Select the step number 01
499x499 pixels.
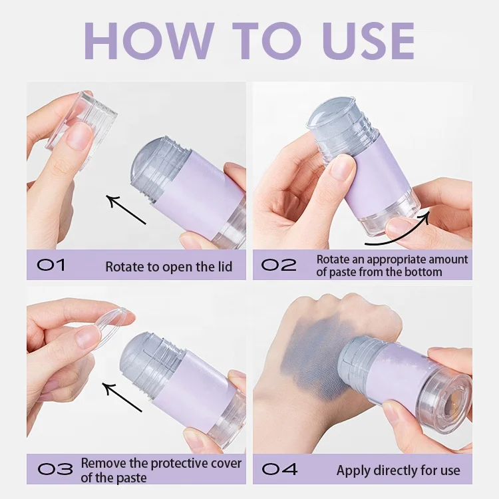[51, 265]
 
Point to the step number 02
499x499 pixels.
[279, 265]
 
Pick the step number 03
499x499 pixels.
[55, 469]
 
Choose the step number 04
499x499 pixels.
[279, 469]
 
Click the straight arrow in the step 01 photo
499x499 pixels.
[126, 210]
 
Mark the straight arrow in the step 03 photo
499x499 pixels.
[122, 397]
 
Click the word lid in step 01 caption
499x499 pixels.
[225, 267]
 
